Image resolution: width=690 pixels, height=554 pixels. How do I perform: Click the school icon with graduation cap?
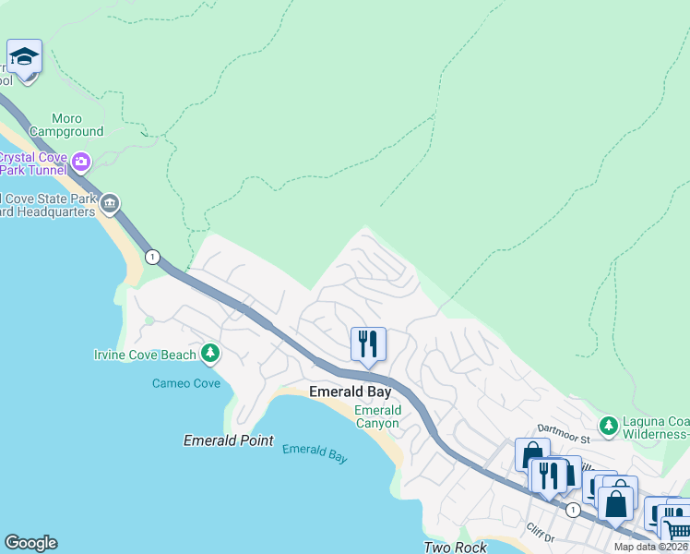click(24, 56)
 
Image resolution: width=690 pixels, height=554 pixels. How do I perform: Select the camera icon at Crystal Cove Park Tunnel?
click(81, 163)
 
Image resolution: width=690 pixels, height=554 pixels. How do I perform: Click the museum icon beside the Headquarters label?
click(110, 203)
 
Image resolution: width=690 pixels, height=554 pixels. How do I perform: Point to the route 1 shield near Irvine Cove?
click(152, 256)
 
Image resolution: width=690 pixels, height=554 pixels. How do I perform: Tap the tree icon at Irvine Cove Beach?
click(210, 354)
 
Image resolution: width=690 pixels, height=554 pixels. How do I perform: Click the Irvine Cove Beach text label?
click(146, 355)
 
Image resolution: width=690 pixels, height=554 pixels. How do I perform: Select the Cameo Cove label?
click(185, 382)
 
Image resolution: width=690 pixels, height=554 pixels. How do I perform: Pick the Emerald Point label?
click(229, 440)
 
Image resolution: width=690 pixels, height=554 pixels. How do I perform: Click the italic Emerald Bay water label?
click(315, 452)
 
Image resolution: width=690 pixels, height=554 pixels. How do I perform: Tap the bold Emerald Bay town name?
click(350, 392)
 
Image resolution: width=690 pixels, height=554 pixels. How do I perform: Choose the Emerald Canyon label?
click(378, 416)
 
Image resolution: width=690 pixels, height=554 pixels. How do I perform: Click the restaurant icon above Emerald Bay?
click(368, 344)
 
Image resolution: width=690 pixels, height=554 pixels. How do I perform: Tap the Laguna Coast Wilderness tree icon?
click(608, 426)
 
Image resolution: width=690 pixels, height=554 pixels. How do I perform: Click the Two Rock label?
click(454, 547)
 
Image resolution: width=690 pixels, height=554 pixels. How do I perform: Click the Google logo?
click(30, 543)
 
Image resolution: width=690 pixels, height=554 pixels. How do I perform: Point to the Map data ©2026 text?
click(650, 547)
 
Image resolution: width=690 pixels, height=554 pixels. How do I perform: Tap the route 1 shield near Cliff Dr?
click(573, 510)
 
